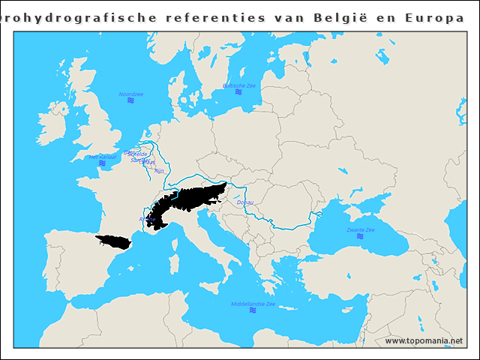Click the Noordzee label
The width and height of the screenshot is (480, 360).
[x=131, y=94]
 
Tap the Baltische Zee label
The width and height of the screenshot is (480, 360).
[x=239, y=85]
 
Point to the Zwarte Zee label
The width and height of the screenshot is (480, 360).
[x=360, y=229]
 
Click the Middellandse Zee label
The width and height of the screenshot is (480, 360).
[x=253, y=304]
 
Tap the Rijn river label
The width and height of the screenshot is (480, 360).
[x=158, y=171]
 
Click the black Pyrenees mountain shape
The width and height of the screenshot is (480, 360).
[x=113, y=241]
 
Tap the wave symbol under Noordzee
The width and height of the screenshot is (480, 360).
[x=131, y=100]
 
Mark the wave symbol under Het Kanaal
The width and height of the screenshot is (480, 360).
[x=102, y=163]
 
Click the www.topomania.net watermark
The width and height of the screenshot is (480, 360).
[x=424, y=340]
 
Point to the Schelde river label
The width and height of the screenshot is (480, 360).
[x=139, y=154]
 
